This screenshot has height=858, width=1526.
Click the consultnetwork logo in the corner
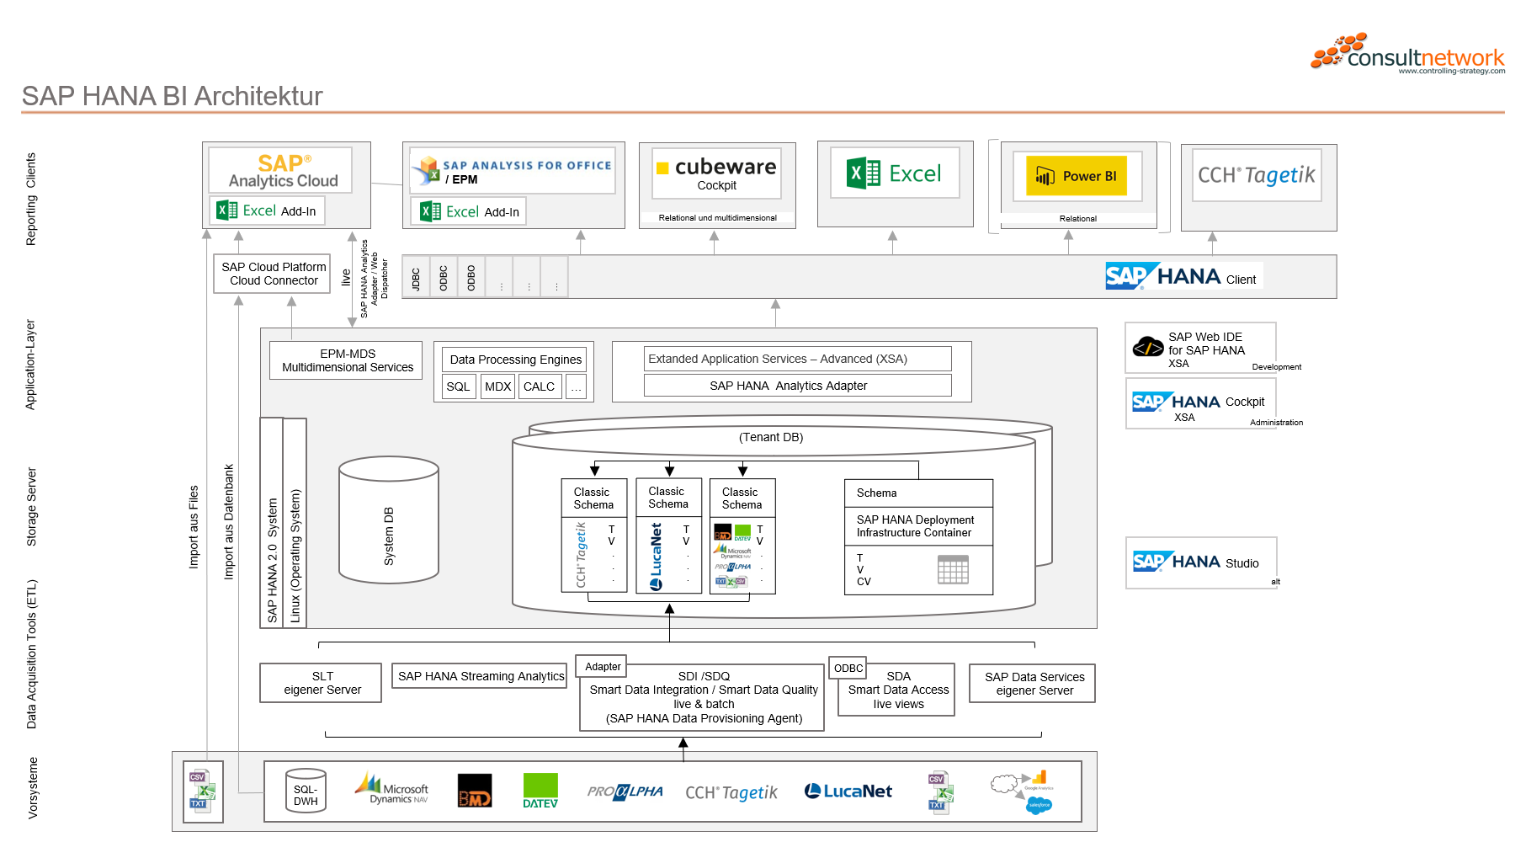click(1407, 53)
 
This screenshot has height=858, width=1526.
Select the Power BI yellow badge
click(1077, 176)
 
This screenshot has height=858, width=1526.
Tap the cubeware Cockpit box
click(717, 173)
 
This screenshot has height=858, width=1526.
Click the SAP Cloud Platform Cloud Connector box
click(273, 274)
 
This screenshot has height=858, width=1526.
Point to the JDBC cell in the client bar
click(416, 277)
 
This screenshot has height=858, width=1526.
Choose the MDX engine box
click(497, 386)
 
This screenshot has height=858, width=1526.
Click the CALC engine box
click(539, 386)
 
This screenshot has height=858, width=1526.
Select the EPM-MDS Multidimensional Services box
click(347, 360)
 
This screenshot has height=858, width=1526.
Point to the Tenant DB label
click(771, 437)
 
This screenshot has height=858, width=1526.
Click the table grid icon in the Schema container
click(953, 570)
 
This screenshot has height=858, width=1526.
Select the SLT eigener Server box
click(322, 683)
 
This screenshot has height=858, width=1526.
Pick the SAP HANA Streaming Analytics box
click(481, 676)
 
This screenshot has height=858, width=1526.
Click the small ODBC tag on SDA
click(848, 668)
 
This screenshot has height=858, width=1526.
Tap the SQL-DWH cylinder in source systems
click(306, 791)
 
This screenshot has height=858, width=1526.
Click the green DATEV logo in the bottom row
click(540, 791)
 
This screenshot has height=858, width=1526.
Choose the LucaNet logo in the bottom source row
click(848, 791)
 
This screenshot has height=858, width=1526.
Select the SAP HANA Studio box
click(1201, 562)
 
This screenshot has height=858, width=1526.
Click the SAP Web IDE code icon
click(1147, 346)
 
